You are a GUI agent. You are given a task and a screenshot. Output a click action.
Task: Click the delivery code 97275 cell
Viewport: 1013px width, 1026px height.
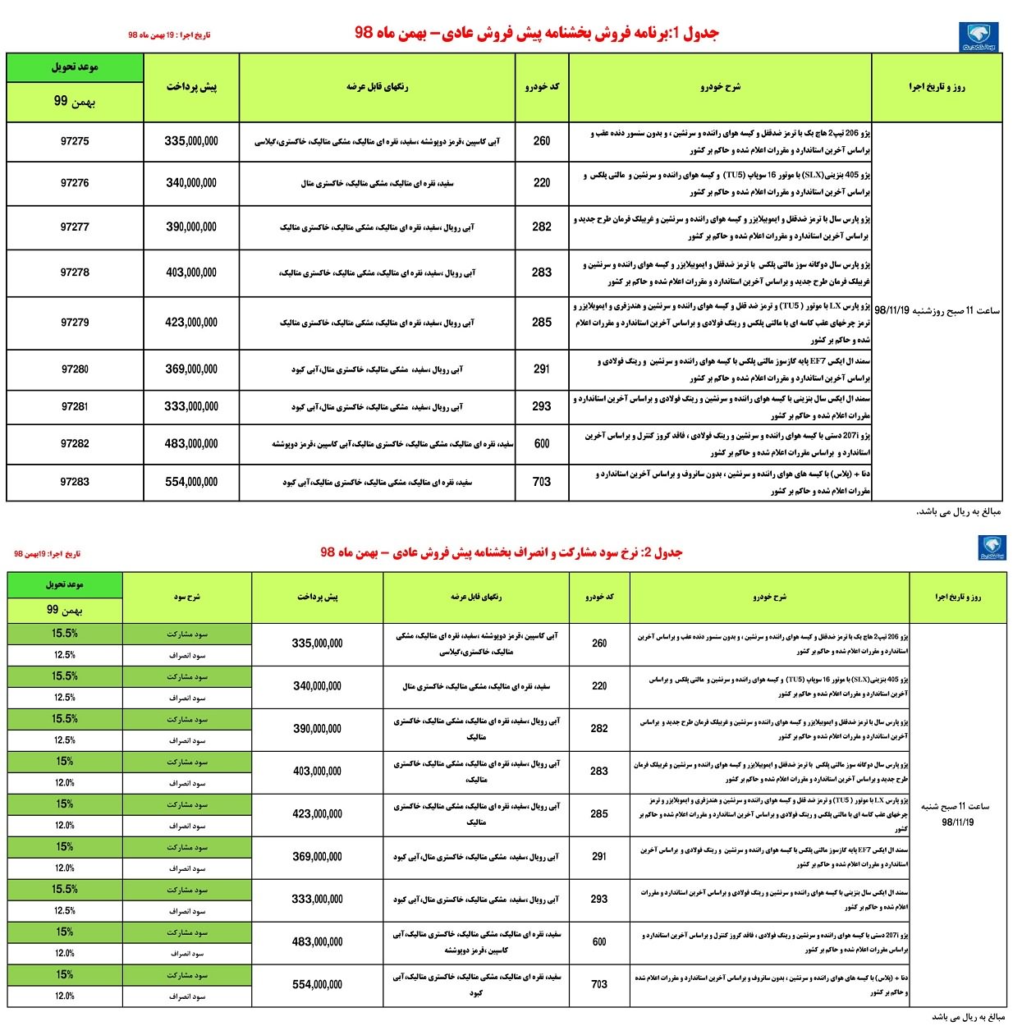[x=75, y=141]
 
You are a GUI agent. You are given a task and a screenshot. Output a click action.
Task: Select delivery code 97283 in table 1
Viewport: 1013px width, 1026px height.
[x=75, y=482]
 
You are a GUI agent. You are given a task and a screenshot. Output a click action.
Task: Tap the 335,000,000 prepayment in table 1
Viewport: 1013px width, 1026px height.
[x=191, y=141]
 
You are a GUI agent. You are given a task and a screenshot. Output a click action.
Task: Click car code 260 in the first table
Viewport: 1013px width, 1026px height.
[x=542, y=141]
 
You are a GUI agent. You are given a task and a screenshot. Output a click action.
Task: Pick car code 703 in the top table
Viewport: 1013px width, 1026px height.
[x=542, y=482]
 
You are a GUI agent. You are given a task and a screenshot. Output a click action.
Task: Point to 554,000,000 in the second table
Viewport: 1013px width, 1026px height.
[x=317, y=984]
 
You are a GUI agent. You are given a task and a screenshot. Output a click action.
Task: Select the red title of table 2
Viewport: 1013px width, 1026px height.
[x=501, y=552]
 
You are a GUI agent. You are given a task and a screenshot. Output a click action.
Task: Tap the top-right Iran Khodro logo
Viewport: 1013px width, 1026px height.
[x=979, y=38]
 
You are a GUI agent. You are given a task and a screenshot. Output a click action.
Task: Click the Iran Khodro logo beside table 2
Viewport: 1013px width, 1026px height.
[x=992, y=548]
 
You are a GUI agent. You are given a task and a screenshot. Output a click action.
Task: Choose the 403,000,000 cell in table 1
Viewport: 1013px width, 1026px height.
[x=191, y=273]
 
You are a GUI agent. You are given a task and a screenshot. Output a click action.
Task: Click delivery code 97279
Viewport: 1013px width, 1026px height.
[x=75, y=323]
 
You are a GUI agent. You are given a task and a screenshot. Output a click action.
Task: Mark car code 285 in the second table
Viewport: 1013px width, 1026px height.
[x=599, y=813]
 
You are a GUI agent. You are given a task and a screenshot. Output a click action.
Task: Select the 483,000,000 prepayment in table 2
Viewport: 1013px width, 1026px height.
[x=317, y=941]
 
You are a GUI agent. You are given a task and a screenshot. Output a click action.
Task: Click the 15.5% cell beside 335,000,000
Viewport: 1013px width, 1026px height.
[x=65, y=634]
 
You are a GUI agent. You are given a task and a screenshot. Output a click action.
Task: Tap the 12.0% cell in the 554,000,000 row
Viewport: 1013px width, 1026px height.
[x=65, y=996]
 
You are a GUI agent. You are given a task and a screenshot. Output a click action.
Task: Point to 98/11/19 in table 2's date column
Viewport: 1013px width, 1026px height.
[x=957, y=822]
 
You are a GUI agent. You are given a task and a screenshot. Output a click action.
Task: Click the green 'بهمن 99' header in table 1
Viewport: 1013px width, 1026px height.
[x=75, y=102]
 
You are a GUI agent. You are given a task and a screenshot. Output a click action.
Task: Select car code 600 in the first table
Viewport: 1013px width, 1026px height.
[x=542, y=443]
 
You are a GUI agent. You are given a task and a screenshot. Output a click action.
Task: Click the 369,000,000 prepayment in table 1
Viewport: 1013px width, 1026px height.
[x=191, y=369]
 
